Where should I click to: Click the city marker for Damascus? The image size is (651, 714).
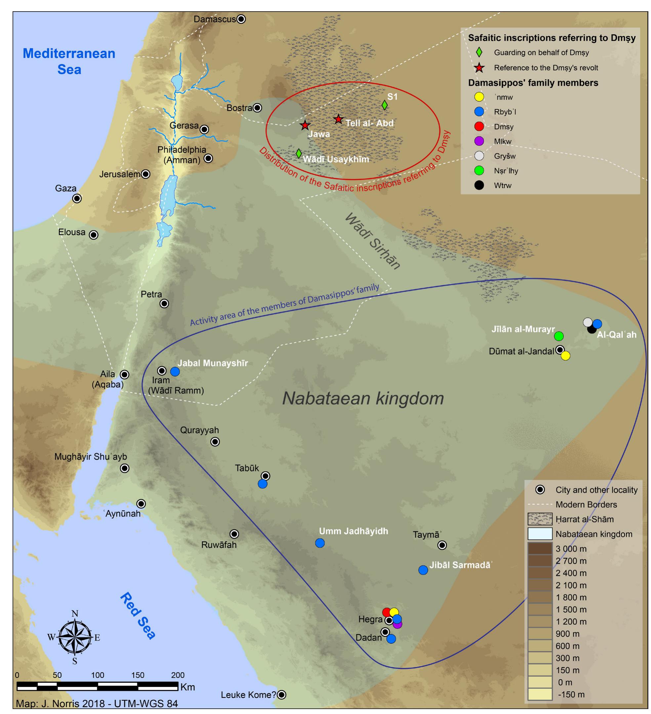tap(241, 19)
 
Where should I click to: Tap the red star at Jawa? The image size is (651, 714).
tap(305, 125)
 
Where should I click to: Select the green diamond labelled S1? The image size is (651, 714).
tap(384, 105)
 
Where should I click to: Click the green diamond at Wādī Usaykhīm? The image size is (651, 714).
tap(299, 153)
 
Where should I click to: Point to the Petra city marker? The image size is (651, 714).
tap(164, 303)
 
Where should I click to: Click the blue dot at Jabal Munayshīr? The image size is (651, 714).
tap(175, 372)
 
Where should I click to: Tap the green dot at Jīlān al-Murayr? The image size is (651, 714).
tap(559, 336)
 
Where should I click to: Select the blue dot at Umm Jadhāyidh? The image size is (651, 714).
tap(320, 543)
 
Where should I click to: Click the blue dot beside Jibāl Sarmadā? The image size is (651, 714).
tap(423, 570)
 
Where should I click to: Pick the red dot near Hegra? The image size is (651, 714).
tap(387, 612)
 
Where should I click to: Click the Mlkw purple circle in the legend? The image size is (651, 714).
tap(479, 141)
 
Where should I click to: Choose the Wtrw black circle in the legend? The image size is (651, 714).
tap(479, 185)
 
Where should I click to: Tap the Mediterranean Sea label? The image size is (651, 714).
tap(69, 61)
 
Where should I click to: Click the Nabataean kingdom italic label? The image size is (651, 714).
tap(363, 398)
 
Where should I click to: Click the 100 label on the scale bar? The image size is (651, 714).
tap(98, 675)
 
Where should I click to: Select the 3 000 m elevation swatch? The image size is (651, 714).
tap(540, 549)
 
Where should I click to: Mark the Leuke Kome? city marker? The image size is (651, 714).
tap(281, 695)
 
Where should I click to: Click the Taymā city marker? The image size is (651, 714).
tap(442, 545)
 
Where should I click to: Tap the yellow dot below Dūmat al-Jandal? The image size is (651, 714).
tap(565, 356)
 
